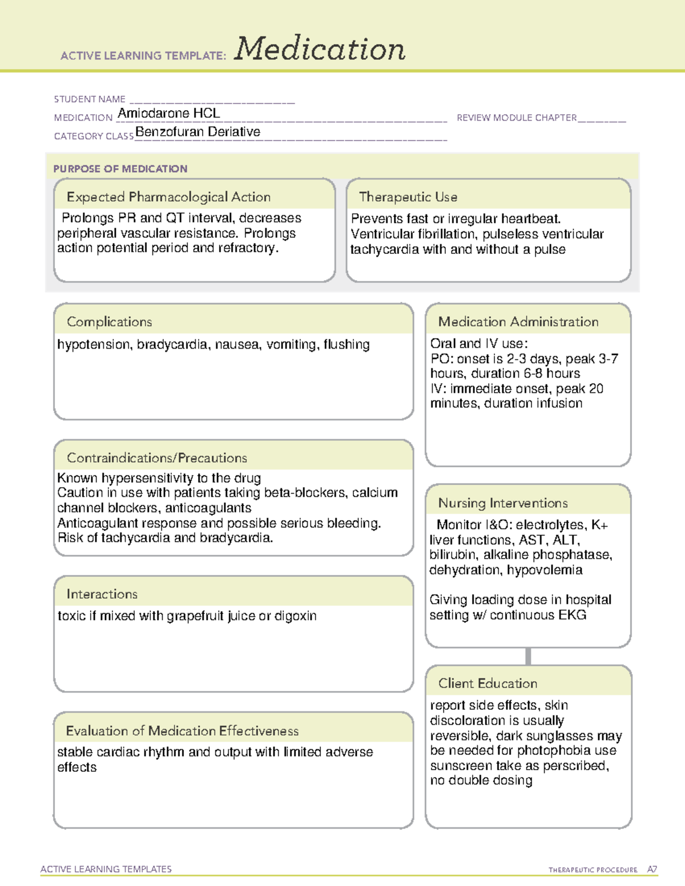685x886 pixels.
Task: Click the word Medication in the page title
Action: click(320, 49)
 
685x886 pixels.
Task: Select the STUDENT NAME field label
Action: click(90, 99)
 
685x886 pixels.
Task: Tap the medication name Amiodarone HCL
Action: click(168, 113)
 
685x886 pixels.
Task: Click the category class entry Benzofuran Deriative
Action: click(198, 132)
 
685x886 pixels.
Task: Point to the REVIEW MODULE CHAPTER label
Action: click(517, 118)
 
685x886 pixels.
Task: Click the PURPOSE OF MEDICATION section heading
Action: click(120, 169)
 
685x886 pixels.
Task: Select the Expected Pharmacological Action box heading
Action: click(168, 197)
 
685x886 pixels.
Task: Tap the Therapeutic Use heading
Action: click(408, 197)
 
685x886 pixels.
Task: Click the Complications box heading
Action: click(110, 322)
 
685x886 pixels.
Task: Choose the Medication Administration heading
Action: click(518, 322)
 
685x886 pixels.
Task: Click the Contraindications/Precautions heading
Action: click(157, 458)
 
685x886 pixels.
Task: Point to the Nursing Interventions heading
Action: click(503, 503)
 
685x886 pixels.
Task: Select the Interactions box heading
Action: click(102, 594)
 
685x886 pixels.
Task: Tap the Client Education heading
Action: click(487, 683)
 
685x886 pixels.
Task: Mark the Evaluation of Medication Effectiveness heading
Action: click(182, 731)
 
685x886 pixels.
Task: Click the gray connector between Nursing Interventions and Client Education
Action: click(528, 656)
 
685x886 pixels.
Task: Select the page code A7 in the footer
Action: click(652, 869)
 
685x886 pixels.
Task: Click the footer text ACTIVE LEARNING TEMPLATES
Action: click(106, 869)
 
